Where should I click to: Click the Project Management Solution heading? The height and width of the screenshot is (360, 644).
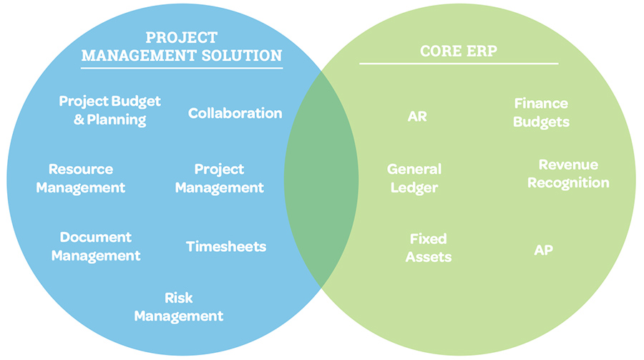[182, 47]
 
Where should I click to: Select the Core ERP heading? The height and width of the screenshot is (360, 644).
[458, 52]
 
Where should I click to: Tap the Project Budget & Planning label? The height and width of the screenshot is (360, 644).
[109, 110]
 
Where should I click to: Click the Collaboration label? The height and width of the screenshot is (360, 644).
[235, 113]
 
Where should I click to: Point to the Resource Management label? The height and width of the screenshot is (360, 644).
[81, 178]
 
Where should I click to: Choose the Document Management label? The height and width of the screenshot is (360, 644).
[96, 246]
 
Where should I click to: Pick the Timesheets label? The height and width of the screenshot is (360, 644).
[226, 247]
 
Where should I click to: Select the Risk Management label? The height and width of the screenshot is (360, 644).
[179, 306]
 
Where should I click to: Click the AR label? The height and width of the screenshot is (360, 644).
[416, 116]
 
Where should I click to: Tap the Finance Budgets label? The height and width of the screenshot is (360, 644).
[541, 113]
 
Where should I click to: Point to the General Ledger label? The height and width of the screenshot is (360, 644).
[414, 178]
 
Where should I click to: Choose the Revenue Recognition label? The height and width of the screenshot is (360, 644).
[568, 174]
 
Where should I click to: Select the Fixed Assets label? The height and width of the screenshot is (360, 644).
[429, 247]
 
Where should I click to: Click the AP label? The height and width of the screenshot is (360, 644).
[543, 250]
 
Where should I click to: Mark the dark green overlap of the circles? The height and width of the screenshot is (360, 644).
[321, 179]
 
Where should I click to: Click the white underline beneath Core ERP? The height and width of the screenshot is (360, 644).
[458, 64]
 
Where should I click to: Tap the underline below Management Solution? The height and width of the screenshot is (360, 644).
[182, 68]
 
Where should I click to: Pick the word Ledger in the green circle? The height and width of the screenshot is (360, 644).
[414, 188]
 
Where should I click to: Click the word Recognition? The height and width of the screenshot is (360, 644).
[568, 183]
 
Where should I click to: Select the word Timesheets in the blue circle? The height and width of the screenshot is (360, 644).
[226, 247]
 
